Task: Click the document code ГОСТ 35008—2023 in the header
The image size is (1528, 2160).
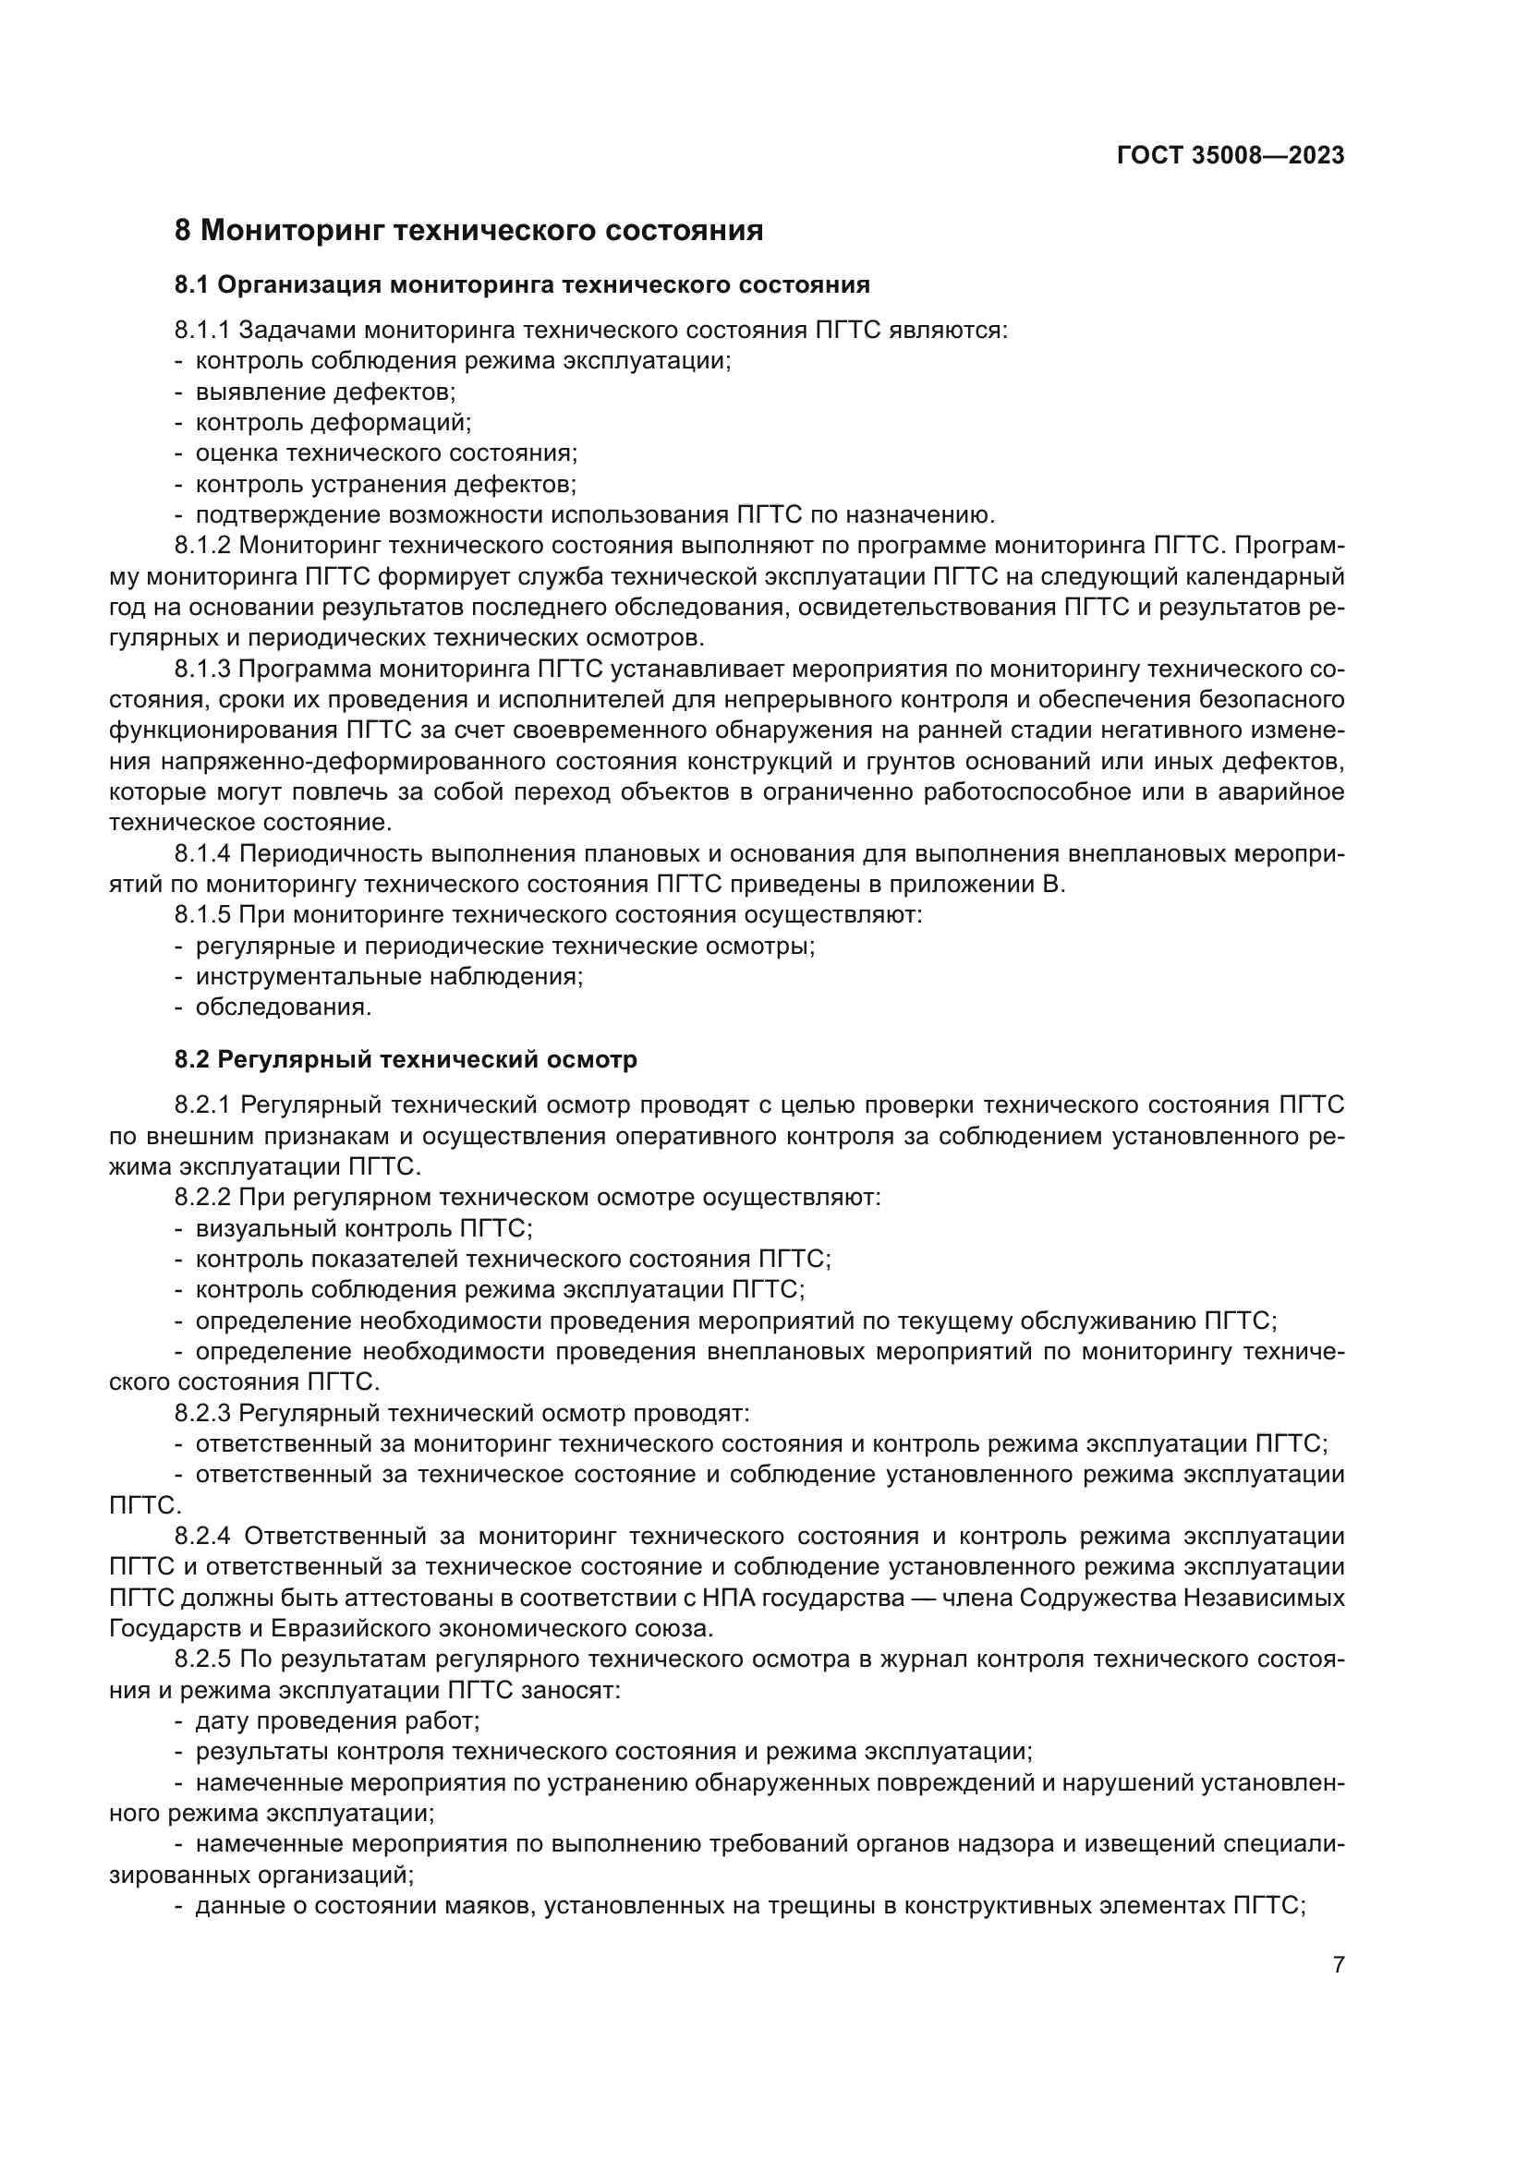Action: (x=1230, y=156)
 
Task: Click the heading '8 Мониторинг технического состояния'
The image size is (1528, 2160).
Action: (x=468, y=230)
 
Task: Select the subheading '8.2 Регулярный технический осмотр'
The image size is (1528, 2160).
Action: (x=406, y=1060)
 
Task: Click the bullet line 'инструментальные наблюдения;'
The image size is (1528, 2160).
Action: (x=389, y=976)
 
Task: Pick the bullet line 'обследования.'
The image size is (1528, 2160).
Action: (x=284, y=1008)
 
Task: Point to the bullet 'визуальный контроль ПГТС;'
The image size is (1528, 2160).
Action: (x=363, y=1228)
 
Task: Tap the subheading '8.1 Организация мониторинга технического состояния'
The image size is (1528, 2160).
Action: (x=521, y=284)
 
